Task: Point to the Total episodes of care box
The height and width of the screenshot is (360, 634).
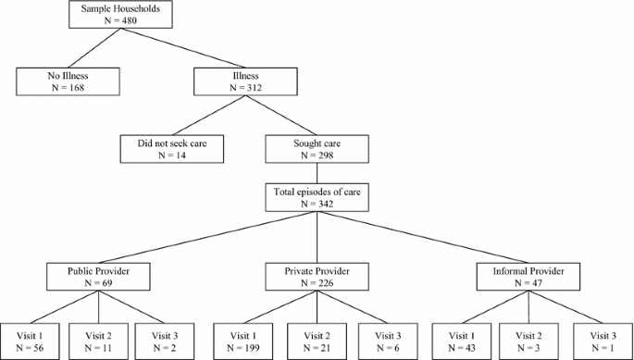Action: click(317, 196)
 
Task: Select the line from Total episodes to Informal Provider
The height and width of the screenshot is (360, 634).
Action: click(423, 237)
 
